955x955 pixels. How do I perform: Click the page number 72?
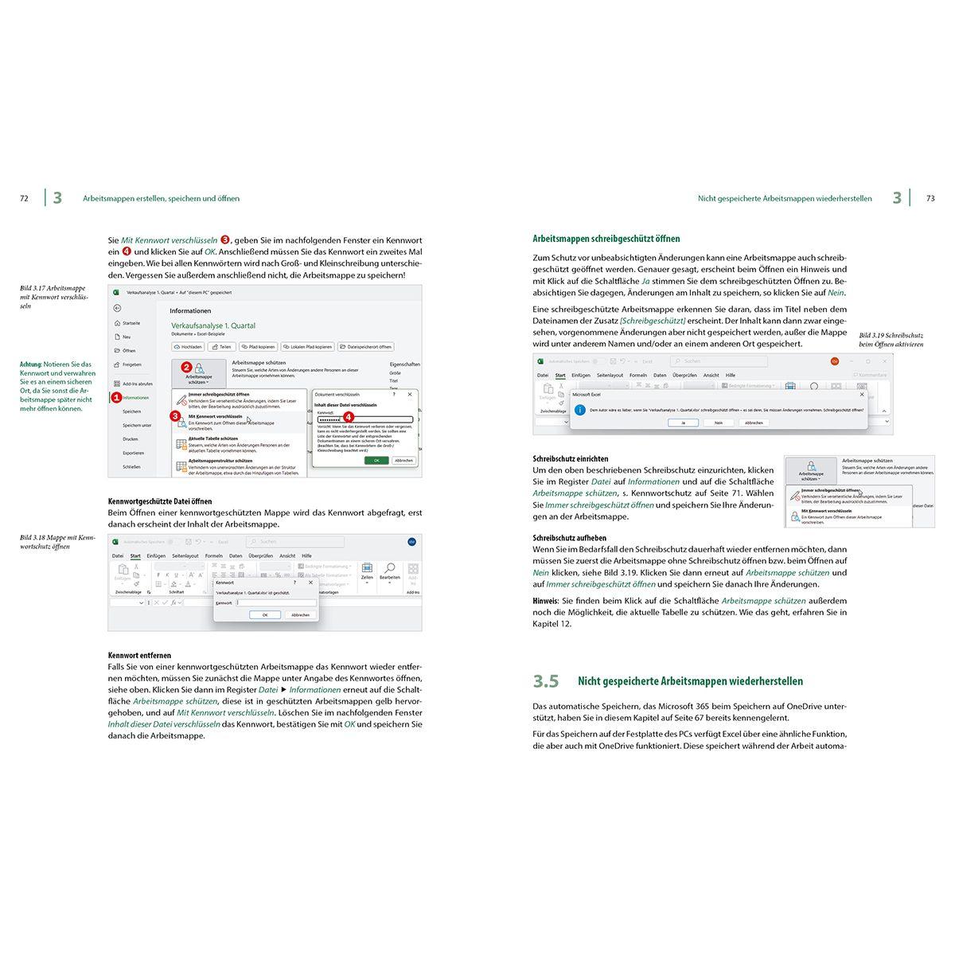24,198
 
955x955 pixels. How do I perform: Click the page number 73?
930,198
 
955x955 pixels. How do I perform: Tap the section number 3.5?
546,681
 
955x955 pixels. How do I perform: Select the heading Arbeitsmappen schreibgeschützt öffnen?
606,239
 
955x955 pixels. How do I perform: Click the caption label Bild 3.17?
36,288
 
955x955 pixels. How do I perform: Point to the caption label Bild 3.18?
36,538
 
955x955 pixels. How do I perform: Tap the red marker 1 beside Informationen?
116,396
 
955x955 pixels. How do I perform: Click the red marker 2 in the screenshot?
186,367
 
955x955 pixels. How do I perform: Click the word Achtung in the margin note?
31,364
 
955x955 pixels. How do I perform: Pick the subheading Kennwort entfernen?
139,655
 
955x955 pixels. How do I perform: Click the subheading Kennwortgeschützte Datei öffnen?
159,501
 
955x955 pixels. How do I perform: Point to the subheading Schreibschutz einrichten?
570,458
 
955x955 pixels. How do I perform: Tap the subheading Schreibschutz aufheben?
569,538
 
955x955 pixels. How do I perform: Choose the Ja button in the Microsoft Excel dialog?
683,423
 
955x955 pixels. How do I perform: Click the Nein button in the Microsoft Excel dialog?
719,423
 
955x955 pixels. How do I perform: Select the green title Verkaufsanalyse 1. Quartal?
213,325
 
